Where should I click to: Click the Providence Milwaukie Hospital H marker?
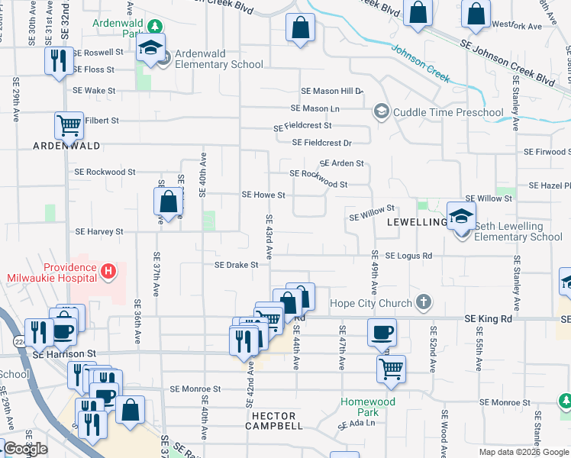[x=108, y=270]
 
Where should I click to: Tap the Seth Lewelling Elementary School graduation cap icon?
[x=461, y=216]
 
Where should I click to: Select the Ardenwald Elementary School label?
[x=219, y=59]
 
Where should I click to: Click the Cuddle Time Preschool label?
[x=448, y=112]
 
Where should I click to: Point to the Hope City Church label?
[x=371, y=303]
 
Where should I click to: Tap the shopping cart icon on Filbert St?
[x=69, y=124]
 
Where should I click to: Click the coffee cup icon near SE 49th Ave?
[x=382, y=332]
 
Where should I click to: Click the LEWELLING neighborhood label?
[x=416, y=222]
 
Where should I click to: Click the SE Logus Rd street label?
[x=408, y=256]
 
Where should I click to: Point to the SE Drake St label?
[x=237, y=265]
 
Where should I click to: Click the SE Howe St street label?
[x=263, y=195]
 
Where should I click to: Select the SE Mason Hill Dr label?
[x=331, y=91]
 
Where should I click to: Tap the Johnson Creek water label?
[x=421, y=65]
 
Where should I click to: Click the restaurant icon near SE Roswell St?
[x=59, y=61]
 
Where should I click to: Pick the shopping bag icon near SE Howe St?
[x=168, y=202]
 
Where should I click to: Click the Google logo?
[x=25, y=449]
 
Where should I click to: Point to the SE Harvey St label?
[x=99, y=231]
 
